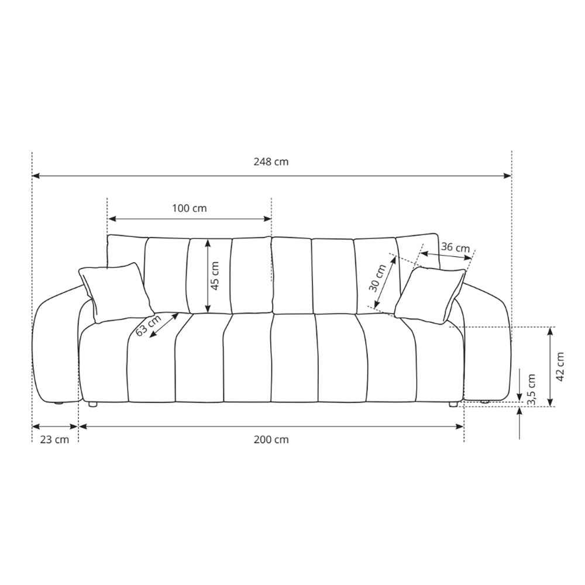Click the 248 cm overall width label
pos(271,162)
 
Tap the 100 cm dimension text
pos(189,208)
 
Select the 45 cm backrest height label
pos(215,276)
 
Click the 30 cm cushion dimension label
pos(378,278)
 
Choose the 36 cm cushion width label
pos(455,247)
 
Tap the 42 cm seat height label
pos(560,366)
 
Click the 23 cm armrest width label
pos(54,439)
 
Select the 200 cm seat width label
pos(271,439)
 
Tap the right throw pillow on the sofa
pos(429,294)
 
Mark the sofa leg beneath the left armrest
pos(58,403)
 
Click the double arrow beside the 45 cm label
pos(207,277)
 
